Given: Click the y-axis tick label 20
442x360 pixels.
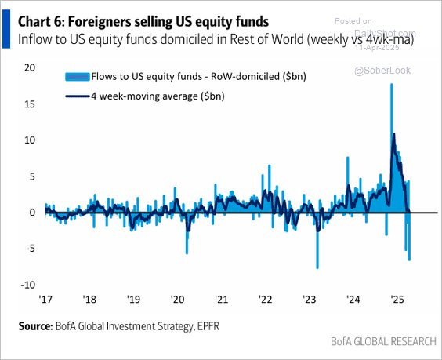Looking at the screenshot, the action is coord(30,67).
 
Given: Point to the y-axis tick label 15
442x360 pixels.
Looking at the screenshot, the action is coord(30,104).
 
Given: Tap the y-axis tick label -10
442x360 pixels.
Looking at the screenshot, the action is coord(28,285).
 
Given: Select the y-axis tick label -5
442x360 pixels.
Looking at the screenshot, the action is coord(30,249).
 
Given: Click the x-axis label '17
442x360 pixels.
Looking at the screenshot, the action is coord(45,299).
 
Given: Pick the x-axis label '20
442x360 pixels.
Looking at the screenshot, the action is coord(177,299).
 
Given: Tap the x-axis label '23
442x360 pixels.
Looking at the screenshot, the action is coord(310,299).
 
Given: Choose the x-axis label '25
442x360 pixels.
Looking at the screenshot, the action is coord(397,299).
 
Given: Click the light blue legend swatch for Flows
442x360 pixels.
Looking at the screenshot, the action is coord(78,77).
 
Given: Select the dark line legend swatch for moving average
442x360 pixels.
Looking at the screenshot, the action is coord(78,96).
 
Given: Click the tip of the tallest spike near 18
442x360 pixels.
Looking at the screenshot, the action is coord(391,84).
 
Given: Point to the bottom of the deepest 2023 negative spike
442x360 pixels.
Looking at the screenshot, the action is coord(317,268).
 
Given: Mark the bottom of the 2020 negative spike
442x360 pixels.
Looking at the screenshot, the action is coord(187,253).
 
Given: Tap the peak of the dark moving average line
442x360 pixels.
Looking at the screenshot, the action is coord(393,134).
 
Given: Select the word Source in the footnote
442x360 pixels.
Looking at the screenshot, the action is coord(35,326).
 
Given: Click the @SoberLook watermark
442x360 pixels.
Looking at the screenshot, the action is coord(382,71).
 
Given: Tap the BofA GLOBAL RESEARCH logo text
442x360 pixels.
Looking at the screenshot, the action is coord(383,341).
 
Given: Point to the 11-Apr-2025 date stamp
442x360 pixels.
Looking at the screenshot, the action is coord(377,47).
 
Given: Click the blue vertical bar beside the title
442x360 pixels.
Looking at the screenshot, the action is coord(6,29).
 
